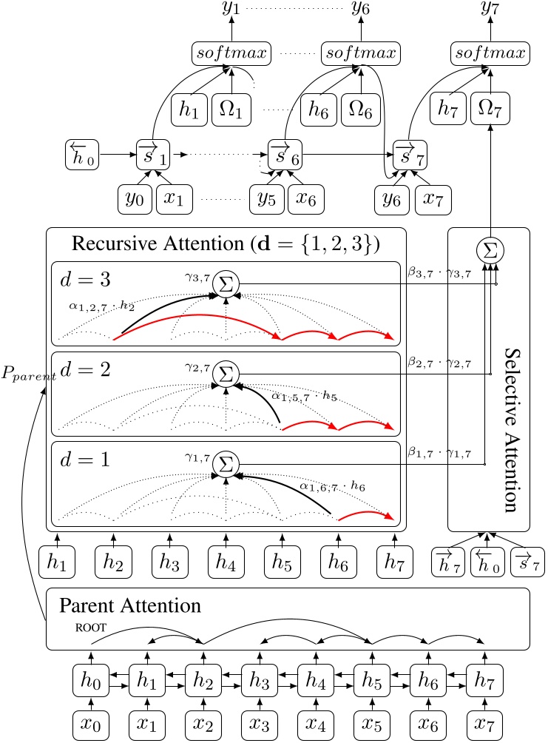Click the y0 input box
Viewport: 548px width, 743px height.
[135, 199]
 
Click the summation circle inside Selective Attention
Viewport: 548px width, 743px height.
[489, 252]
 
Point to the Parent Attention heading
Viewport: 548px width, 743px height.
[130, 605]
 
